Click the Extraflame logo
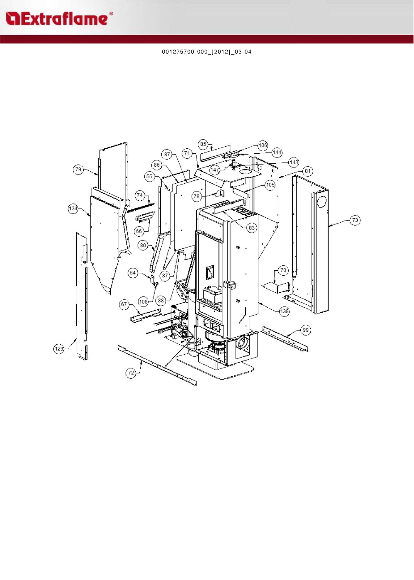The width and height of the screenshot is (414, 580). click(x=59, y=19)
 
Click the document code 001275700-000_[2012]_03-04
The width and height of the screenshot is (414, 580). click(x=207, y=52)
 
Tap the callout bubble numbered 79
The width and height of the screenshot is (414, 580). click(x=78, y=170)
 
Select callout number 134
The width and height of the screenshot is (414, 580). click(x=73, y=209)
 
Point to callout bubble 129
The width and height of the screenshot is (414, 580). click(x=59, y=349)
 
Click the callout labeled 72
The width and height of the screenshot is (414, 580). click(x=131, y=373)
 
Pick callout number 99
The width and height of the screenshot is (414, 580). click(x=306, y=330)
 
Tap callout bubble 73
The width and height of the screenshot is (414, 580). click(x=355, y=220)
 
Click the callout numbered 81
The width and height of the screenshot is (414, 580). click(x=308, y=171)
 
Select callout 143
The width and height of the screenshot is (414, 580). click(x=294, y=162)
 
